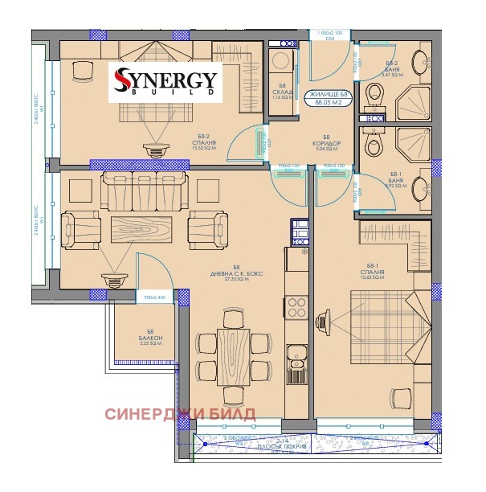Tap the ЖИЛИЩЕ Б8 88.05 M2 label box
tap(329, 98)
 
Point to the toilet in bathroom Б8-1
tap(373, 144)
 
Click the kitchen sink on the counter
tap(295, 351)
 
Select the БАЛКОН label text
tap(150, 338)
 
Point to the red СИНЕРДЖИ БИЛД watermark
tap(181, 414)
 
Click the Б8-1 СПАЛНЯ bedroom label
tap(374, 273)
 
